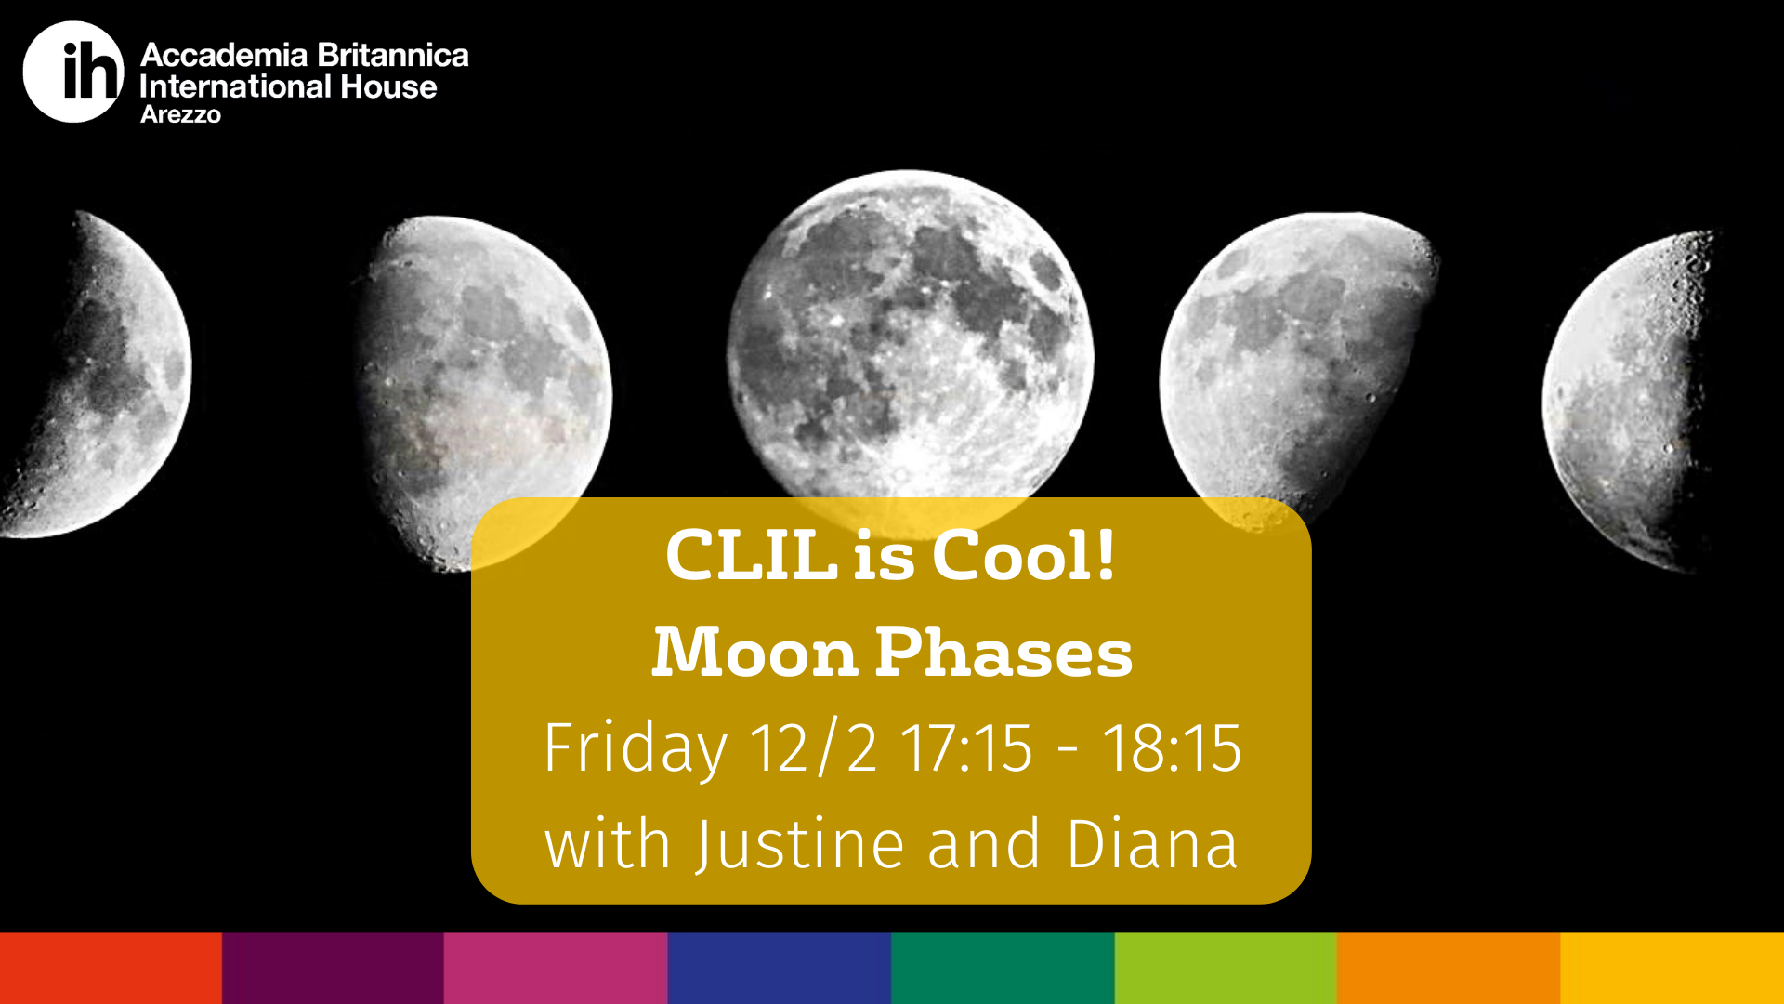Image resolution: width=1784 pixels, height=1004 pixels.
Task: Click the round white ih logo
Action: click(x=73, y=72)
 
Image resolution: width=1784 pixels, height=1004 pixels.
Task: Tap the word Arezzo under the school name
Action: click(x=180, y=114)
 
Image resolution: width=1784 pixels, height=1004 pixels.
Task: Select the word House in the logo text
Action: click(x=388, y=86)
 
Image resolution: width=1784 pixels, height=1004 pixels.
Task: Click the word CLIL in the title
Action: click(x=752, y=556)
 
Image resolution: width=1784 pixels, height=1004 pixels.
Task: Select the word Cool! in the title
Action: click(x=1023, y=556)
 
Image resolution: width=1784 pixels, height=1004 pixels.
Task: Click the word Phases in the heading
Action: click(x=1003, y=652)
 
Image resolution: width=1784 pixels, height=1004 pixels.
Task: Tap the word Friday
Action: click(x=636, y=748)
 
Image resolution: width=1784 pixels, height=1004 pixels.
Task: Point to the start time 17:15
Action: click(x=966, y=747)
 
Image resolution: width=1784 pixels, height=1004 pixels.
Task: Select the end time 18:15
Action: click(x=1172, y=747)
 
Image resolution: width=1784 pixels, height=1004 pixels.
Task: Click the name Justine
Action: click(x=801, y=845)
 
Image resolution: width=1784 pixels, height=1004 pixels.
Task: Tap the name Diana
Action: click(x=1152, y=844)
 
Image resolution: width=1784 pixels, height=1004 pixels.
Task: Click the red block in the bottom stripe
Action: click(x=111, y=968)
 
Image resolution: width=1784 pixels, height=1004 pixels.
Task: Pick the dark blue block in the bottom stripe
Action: click(x=780, y=968)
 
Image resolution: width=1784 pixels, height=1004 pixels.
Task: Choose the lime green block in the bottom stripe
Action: click(x=1226, y=968)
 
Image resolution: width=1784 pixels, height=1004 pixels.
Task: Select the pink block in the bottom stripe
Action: click(x=556, y=968)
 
